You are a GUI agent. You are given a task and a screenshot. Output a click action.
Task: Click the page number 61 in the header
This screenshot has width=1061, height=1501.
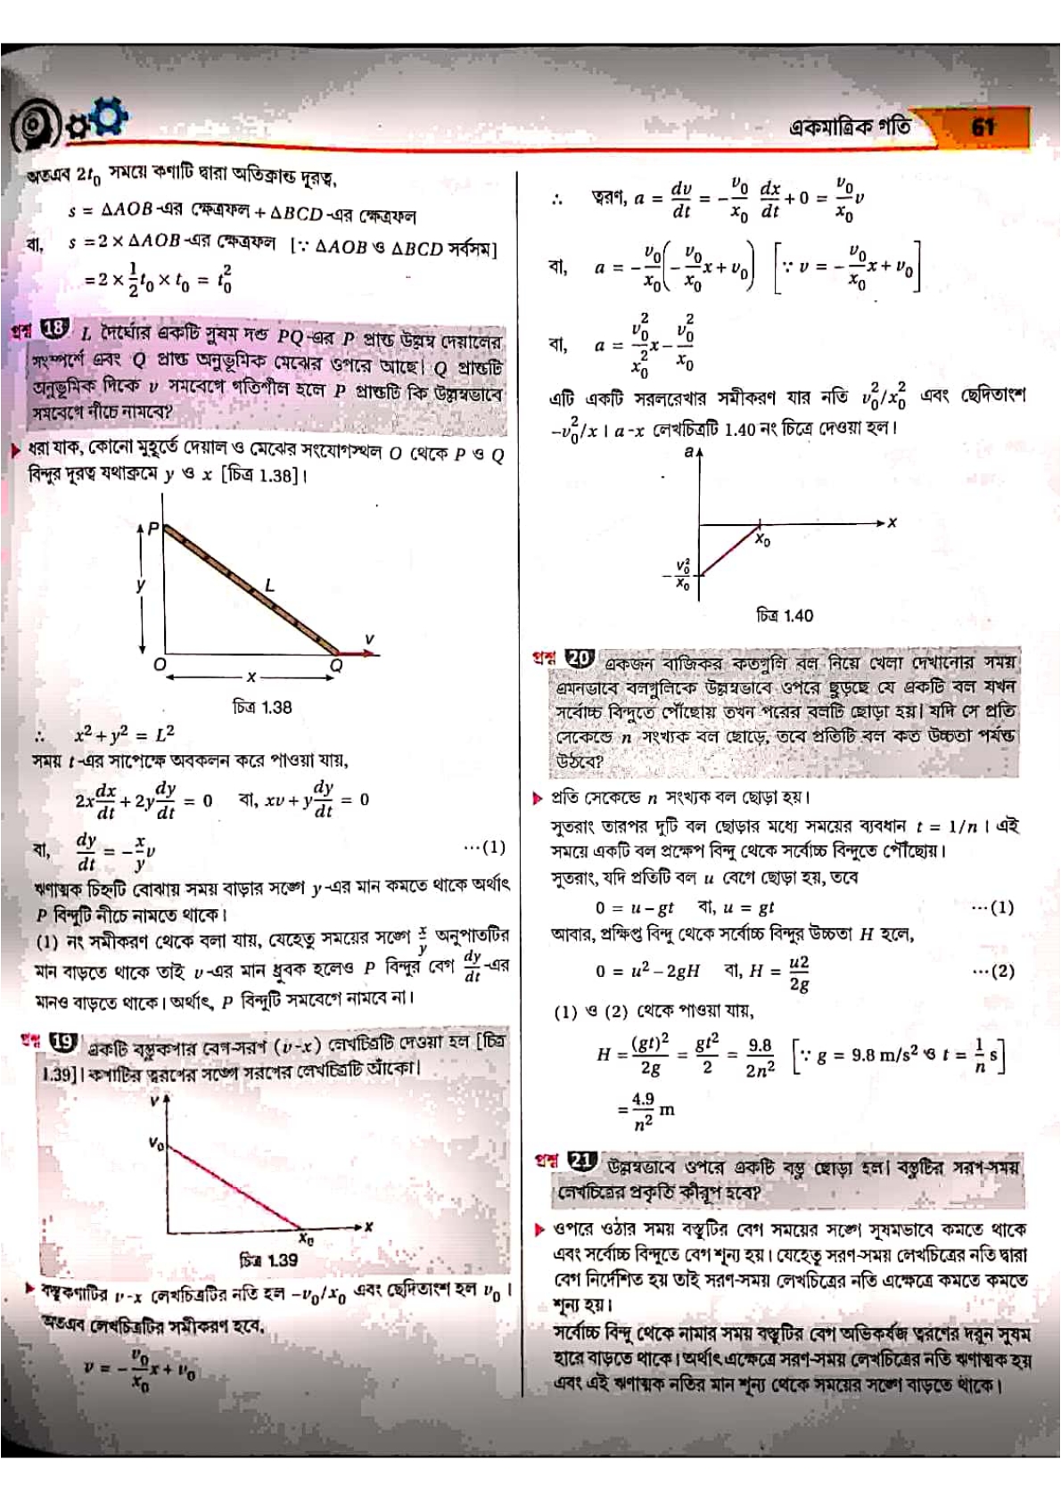point(983,127)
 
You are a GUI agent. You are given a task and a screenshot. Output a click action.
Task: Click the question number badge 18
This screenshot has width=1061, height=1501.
point(53,329)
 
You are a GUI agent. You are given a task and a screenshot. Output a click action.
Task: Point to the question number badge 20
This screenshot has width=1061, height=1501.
point(579,659)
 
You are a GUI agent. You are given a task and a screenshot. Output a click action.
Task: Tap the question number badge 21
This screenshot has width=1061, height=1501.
point(580,1161)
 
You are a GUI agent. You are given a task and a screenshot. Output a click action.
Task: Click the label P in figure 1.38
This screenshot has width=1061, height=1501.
point(153,529)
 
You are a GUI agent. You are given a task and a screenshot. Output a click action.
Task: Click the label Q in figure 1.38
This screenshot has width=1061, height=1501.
point(336,666)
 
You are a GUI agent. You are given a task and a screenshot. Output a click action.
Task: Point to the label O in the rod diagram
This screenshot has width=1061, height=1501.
point(159,665)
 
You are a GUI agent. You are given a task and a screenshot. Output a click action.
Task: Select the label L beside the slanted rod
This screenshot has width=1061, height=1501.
point(269,586)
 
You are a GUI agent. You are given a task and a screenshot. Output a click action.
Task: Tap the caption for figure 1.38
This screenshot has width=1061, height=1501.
point(262,707)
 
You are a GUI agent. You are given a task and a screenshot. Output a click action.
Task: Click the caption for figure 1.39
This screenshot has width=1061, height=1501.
point(268,1260)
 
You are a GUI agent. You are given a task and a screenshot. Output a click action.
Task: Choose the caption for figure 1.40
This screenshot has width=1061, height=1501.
point(785,615)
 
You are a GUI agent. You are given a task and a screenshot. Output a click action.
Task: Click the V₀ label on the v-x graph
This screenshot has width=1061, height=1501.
point(156,1143)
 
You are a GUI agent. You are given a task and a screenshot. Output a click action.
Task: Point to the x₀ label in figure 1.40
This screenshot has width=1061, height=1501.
point(762,540)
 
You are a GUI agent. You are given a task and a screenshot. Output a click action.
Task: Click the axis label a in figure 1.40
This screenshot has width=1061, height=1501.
point(688,453)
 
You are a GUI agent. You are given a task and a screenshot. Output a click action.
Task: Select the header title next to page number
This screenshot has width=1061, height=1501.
point(850,127)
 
